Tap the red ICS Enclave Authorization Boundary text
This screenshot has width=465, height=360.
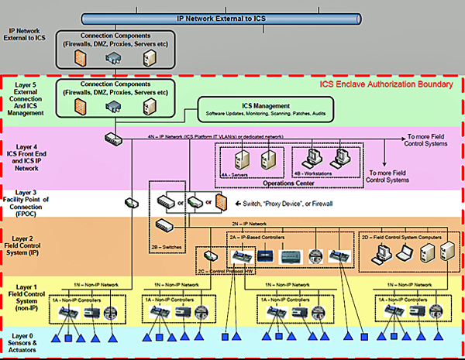pos(385,84)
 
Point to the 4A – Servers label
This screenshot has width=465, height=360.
pos(238,175)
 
